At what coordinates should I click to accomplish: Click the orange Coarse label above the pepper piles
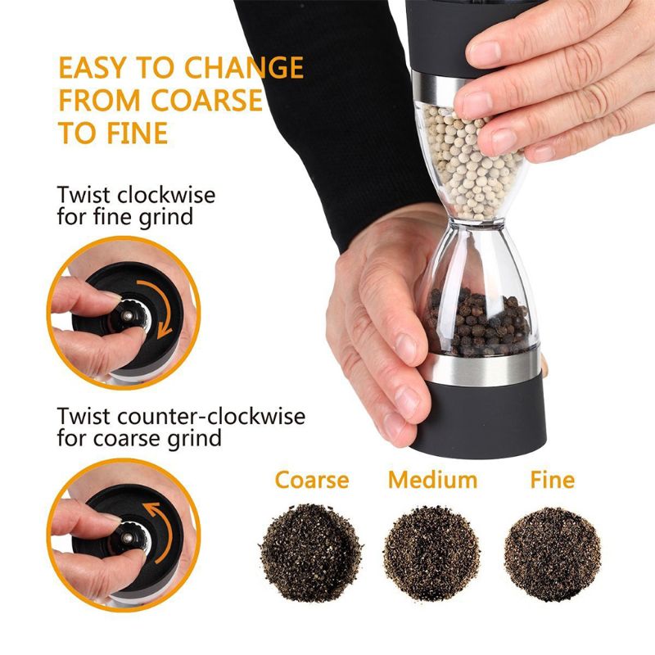[312, 480]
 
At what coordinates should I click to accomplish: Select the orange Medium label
[432, 480]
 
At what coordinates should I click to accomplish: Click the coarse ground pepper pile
[311, 550]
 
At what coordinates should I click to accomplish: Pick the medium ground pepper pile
[431, 550]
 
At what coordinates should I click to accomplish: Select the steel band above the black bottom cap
[483, 368]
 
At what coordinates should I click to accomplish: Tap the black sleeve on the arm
[344, 106]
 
